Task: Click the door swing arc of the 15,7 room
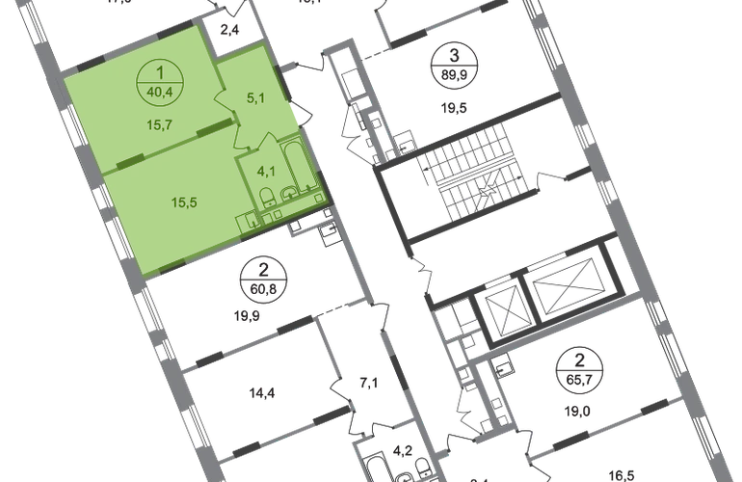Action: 221,100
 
